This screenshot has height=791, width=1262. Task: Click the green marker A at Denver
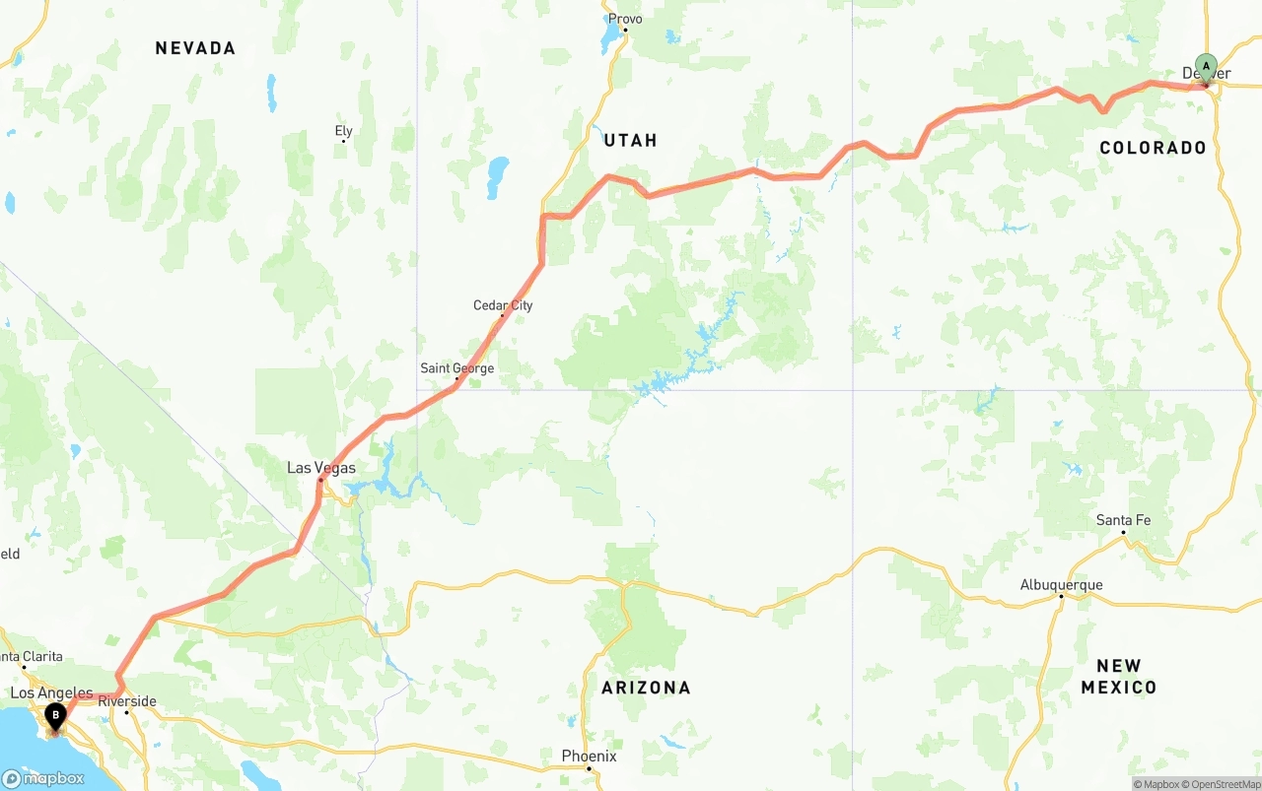[x=1206, y=67]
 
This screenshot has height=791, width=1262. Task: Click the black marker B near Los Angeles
[x=55, y=716]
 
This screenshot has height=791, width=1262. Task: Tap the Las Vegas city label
[x=321, y=468]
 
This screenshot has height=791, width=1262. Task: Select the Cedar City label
[x=503, y=305]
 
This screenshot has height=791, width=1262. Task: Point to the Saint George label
[x=457, y=368]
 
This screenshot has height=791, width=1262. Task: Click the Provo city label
[x=625, y=19]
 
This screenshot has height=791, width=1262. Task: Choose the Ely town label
[x=343, y=131]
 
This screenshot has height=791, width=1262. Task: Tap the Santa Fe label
[x=1123, y=520]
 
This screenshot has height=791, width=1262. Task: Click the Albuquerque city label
[x=1061, y=585]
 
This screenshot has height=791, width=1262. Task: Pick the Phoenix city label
[x=589, y=757]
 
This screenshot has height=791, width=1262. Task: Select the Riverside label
[x=127, y=701]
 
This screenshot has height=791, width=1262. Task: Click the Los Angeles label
[x=51, y=693]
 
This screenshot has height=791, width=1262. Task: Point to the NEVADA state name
[x=195, y=48]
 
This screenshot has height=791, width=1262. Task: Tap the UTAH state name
[x=630, y=141]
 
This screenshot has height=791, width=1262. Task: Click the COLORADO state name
[x=1153, y=148]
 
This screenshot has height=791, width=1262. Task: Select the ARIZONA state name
[x=646, y=688]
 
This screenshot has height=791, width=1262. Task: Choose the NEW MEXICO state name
[x=1118, y=677]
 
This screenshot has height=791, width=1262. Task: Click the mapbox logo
[x=43, y=778]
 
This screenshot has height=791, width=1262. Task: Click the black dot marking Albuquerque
[x=1061, y=596]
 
